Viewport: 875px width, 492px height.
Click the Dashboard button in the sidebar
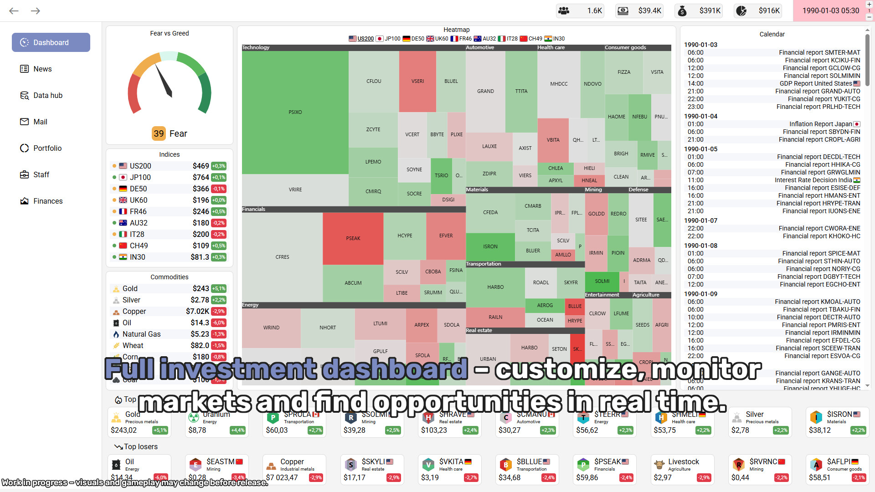coord(51,42)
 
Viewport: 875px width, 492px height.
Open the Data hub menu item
coord(47,95)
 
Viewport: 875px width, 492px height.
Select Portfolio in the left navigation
coord(47,148)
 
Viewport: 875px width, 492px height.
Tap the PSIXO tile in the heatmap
coord(295,112)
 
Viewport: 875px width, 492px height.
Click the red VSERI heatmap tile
coord(417,81)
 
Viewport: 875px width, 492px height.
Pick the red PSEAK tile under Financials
coord(353,238)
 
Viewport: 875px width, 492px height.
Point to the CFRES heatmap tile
coord(282,257)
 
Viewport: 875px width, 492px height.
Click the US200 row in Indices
coord(169,166)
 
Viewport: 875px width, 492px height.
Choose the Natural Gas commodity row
coord(169,334)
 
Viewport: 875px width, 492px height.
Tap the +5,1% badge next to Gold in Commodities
coord(219,288)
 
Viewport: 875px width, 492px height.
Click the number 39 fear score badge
coord(159,133)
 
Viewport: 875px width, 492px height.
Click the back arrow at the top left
coord(14,11)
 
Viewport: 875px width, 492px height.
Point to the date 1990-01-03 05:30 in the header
coord(830,11)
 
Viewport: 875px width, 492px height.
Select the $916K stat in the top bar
coord(758,11)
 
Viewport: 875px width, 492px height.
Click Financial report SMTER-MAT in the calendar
coord(819,52)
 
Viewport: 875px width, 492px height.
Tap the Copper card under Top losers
coord(294,469)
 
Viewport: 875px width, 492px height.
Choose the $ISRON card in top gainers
coord(837,422)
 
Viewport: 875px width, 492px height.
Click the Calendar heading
coord(772,34)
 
